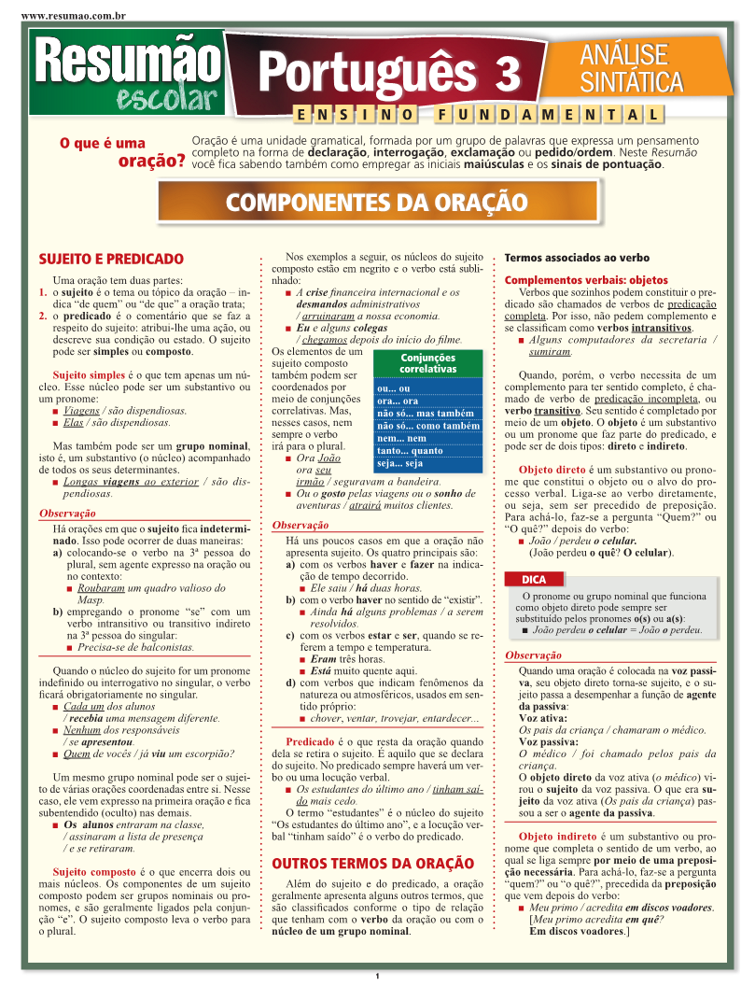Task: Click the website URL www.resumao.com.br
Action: (x=72, y=16)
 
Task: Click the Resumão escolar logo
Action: (x=130, y=74)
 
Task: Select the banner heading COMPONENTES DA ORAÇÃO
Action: (x=377, y=201)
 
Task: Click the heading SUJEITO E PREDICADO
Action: (x=111, y=259)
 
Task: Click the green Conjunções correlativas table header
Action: (x=427, y=363)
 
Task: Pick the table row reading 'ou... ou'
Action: (x=427, y=388)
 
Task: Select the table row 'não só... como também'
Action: (x=427, y=426)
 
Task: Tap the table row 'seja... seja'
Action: (x=427, y=463)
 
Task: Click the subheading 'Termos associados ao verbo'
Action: (x=577, y=258)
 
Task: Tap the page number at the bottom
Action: (x=377, y=976)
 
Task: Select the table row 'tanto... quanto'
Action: (x=427, y=451)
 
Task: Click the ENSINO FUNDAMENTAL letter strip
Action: (x=477, y=115)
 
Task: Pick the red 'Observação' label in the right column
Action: (x=533, y=655)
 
